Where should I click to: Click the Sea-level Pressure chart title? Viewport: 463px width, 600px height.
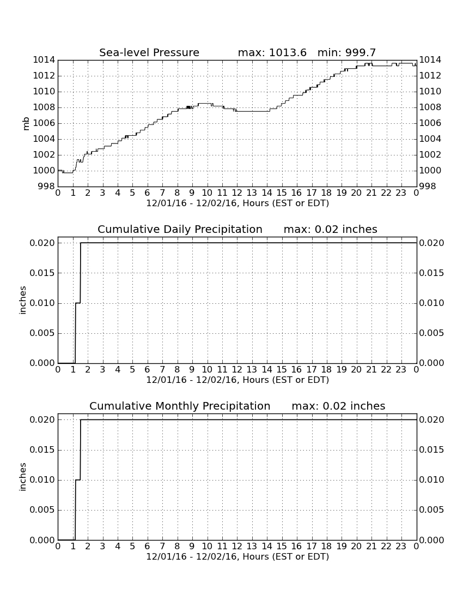point(149,52)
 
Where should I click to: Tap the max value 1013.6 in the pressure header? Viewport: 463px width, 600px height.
point(288,52)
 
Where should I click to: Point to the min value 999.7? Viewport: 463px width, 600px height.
point(361,52)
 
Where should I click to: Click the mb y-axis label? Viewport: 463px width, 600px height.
point(26,123)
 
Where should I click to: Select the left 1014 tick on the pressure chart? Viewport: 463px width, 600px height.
point(44,59)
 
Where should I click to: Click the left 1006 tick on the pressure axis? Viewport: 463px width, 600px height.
point(44,123)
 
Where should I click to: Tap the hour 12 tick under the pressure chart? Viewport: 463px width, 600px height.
point(237,193)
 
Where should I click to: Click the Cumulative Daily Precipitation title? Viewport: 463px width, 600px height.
point(180,229)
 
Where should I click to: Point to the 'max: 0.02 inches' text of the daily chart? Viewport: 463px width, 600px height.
point(331,229)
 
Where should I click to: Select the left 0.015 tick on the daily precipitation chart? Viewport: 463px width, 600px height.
point(42,273)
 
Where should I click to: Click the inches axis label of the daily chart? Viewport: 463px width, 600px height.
point(23,300)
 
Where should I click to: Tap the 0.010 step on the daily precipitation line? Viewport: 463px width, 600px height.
point(78,303)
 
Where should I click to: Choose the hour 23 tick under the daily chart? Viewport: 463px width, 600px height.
point(401,370)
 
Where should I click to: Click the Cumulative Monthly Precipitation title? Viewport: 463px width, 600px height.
point(180,406)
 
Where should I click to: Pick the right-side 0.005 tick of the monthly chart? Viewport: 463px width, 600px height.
point(431,509)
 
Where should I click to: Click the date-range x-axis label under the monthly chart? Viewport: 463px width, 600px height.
point(237,556)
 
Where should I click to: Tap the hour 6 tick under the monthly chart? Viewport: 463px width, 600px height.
point(148,547)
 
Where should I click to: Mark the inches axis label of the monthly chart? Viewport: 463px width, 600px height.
point(23,477)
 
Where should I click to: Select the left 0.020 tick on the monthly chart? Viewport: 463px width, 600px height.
point(42,420)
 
